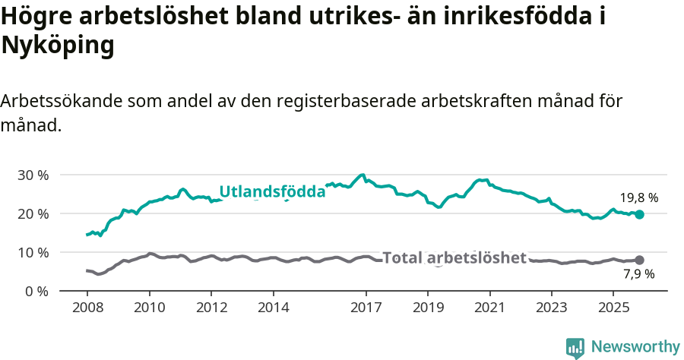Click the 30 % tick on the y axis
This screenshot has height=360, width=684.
pyautogui.click(x=33, y=175)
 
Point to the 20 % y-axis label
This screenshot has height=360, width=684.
pyautogui.click(x=33, y=213)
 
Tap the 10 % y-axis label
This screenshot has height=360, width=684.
pyautogui.click(x=33, y=252)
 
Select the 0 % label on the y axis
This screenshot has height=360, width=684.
pyautogui.click(x=36, y=291)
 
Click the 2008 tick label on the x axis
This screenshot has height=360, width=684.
pyautogui.click(x=87, y=308)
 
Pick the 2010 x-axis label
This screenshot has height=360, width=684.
pyautogui.click(x=149, y=308)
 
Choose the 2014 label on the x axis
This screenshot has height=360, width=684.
pyautogui.click(x=273, y=308)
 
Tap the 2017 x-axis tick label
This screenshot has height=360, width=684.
pyautogui.click(x=366, y=308)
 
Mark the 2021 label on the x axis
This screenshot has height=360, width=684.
pyautogui.click(x=489, y=308)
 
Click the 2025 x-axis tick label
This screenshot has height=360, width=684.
pyautogui.click(x=613, y=308)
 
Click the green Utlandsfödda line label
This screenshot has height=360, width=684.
pyautogui.click(x=272, y=192)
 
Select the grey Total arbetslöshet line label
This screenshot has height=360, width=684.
pyautogui.click(x=454, y=258)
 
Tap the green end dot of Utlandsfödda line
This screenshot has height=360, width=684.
pyautogui.click(x=639, y=215)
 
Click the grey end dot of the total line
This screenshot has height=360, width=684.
pyautogui.click(x=639, y=261)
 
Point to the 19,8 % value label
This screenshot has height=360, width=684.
pyautogui.click(x=638, y=198)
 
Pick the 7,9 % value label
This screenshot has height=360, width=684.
pyautogui.click(x=638, y=274)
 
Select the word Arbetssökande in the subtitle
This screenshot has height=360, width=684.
pyautogui.click(x=62, y=101)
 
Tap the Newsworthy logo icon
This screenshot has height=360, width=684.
pyautogui.click(x=575, y=347)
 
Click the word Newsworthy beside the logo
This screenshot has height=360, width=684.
pyautogui.click(x=635, y=347)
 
